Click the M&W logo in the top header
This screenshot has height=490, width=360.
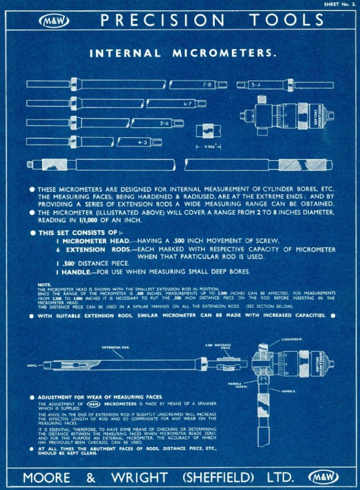point(54,21)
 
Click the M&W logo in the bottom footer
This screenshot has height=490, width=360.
point(323,477)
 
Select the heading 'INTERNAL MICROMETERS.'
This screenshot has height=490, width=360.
point(183,53)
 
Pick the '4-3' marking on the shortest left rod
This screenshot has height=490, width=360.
point(143,142)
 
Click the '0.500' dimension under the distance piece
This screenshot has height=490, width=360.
point(208,146)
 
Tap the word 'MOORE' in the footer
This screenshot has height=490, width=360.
point(49,477)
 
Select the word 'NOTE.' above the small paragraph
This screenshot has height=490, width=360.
point(44,285)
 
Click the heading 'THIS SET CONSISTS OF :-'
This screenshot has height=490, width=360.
point(77,233)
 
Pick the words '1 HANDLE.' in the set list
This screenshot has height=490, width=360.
point(74,271)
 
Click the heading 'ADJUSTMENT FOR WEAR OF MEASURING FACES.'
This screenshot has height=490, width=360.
point(101,396)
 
